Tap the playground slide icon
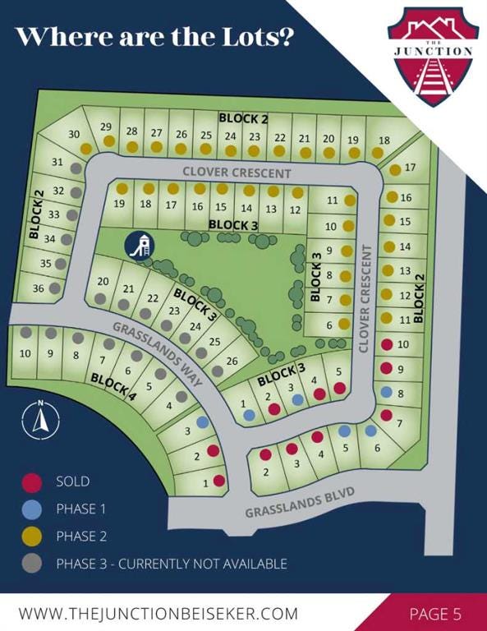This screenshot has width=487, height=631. click(139, 245)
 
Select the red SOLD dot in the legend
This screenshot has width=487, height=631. click(32, 481)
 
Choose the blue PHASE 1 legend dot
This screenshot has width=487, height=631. click(32, 509)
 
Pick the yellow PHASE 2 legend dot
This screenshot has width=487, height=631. click(32, 537)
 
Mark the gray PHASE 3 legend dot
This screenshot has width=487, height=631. click(32, 564)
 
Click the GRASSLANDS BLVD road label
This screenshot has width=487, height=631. click(299, 502)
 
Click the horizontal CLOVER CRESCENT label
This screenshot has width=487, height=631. click(237, 173)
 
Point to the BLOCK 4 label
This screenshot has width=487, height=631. click(113, 385)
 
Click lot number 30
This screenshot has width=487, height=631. click(74, 134)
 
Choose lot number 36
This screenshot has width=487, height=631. click(38, 288)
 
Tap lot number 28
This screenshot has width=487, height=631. click(131, 131)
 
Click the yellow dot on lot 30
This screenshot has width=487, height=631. click(85, 149)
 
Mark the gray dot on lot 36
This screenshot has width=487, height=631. click(54, 289)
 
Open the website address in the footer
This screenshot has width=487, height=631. click(158, 613)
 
